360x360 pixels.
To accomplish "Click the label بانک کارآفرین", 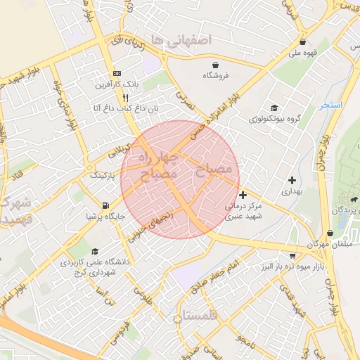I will pyautogui.click(x=117, y=84).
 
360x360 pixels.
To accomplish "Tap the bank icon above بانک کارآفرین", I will pyautogui.click(x=117, y=73).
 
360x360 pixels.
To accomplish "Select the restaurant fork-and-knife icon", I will pyautogui.click(x=125, y=97).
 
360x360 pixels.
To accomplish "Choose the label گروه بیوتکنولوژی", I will pyautogui.click(x=272, y=120).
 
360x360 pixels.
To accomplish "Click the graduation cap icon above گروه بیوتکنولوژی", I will pyautogui.click(x=274, y=108).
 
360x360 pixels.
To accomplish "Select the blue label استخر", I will pyautogui.click(x=331, y=105).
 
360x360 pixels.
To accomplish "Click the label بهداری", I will pyautogui.click(x=290, y=191).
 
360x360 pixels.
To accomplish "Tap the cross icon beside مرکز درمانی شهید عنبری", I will pyautogui.click(x=243, y=195).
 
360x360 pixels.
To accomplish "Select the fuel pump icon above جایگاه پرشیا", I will pyautogui.click(x=105, y=205).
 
